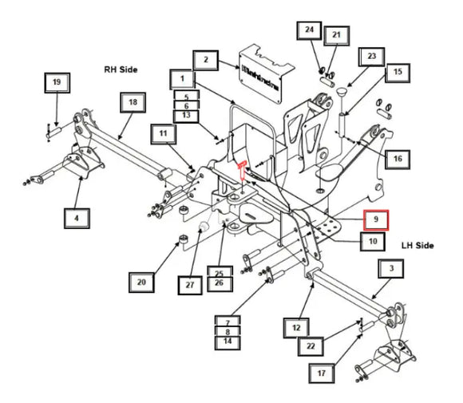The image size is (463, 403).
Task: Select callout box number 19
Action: (56, 82)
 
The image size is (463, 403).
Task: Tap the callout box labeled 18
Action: (133, 103)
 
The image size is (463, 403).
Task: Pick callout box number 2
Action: (205, 59)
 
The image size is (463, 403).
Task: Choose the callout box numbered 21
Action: (336, 35)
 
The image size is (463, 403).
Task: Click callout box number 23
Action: (372, 57)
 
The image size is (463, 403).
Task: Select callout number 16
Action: (397, 160)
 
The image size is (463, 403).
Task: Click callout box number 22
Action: (311, 346)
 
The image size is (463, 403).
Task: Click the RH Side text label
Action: (119, 70)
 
